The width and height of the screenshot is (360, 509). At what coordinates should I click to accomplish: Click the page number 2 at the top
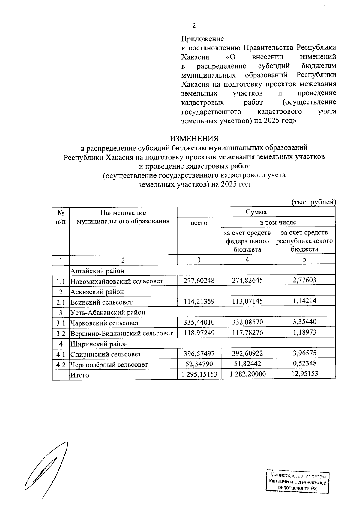(194, 26)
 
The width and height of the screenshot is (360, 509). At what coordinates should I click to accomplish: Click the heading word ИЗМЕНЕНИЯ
(194, 139)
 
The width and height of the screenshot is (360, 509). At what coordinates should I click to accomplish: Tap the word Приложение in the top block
(202, 39)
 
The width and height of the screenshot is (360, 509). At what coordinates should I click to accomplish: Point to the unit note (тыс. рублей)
(313, 202)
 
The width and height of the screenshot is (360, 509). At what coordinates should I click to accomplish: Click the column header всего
(199, 223)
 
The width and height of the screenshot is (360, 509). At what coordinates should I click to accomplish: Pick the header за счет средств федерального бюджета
(247, 241)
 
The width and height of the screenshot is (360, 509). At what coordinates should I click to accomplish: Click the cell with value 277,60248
(199, 281)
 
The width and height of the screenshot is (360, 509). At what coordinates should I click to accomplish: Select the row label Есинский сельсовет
(101, 302)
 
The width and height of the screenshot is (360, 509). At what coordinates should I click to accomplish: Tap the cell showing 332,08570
(247, 322)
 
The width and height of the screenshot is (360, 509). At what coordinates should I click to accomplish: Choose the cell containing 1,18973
(304, 332)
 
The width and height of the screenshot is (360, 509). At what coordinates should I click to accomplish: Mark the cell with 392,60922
(247, 353)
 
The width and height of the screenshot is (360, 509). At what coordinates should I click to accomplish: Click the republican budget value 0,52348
(304, 364)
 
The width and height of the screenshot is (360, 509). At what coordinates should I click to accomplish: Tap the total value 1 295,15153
(199, 374)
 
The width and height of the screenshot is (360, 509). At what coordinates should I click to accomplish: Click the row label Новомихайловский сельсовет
(116, 281)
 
